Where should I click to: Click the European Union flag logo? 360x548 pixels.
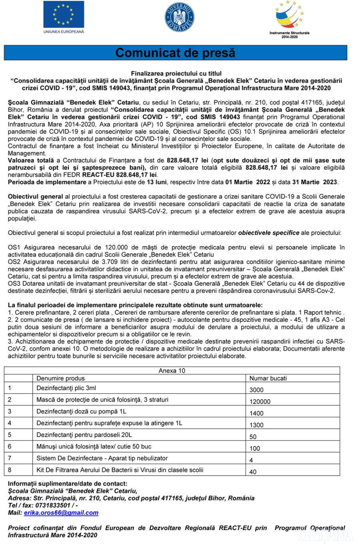(x=64, y=14)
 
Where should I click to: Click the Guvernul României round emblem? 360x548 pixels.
(x=179, y=18)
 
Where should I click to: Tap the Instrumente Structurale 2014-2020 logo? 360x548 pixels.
(x=289, y=19)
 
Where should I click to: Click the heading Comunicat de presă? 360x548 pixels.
(x=175, y=53)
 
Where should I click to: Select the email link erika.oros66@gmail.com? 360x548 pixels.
(x=61, y=513)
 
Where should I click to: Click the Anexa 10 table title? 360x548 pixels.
(x=172, y=371)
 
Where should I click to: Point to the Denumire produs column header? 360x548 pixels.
(x=60, y=378)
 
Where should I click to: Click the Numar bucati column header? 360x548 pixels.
(x=268, y=378)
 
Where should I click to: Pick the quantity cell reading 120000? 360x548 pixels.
(x=260, y=401)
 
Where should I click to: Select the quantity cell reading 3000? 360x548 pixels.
(x=256, y=390)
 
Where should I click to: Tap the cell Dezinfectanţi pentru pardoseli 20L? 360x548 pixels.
(x=84, y=435)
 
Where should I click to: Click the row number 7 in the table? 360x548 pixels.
(x=10, y=458)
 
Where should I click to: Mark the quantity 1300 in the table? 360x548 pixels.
(x=256, y=425)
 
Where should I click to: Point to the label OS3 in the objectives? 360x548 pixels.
(x=14, y=283)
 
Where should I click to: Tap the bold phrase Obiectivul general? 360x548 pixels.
(x=36, y=197)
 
